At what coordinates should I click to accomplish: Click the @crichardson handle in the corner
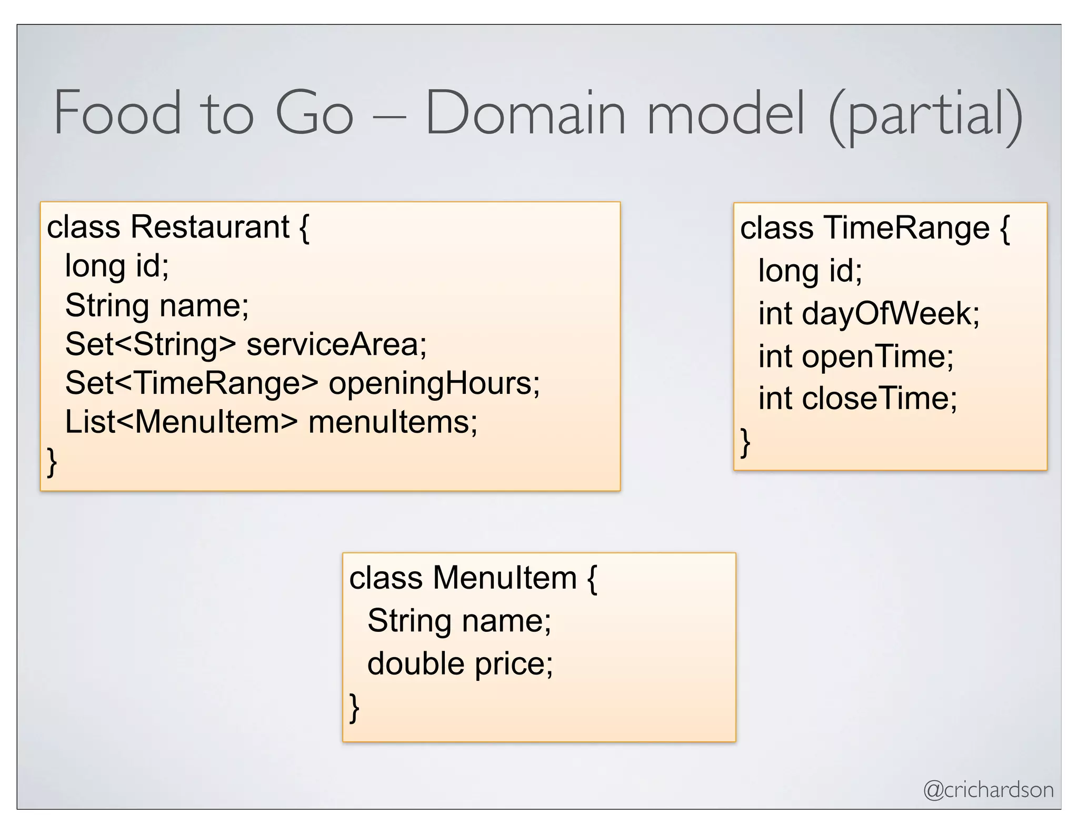988,790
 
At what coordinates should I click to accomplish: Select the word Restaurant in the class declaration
209,227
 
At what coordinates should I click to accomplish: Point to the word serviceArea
336,344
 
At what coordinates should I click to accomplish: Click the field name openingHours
434,383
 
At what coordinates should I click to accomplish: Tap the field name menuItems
393,422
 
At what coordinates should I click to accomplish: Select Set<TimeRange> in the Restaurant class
192,383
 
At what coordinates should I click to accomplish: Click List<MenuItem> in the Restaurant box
181,422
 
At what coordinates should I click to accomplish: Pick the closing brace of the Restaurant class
52,461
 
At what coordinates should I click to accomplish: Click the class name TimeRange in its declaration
906,228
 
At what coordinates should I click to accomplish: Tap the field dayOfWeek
890,313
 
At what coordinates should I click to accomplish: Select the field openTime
877,356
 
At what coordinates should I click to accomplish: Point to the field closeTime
879,398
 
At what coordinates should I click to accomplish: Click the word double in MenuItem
415,663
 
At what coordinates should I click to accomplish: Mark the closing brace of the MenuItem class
354,707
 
